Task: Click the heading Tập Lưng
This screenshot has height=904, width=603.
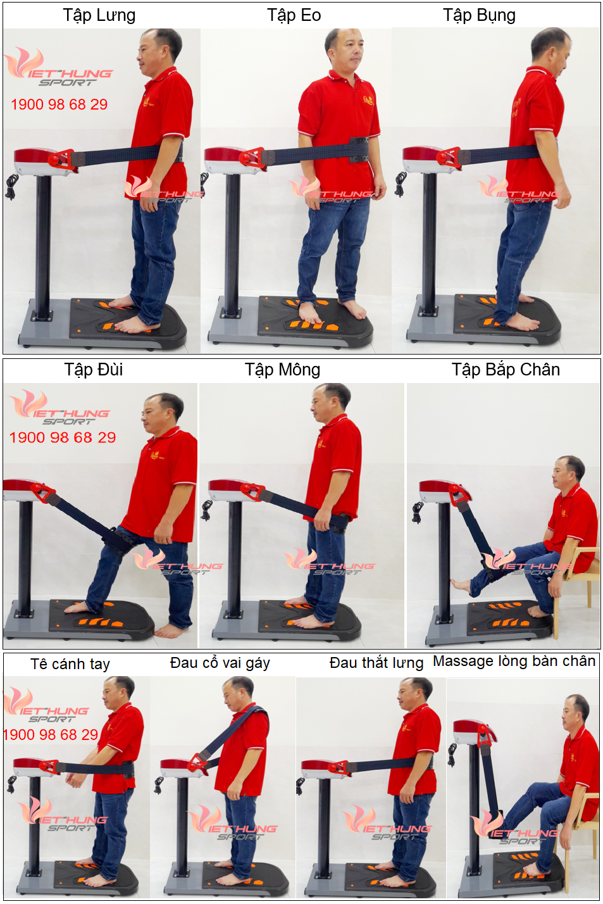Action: point(99,16)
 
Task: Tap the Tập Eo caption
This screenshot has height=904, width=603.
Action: point(294,15)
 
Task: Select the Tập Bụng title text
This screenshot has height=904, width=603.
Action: point(479,16)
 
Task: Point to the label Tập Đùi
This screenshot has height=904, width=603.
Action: point(94,370)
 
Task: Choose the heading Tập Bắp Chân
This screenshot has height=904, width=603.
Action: point(506,370)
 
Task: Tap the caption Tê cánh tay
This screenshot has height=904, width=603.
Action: point(70,664)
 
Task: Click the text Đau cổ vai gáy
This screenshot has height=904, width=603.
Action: point(220,663)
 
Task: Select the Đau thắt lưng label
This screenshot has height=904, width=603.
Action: point(376,663)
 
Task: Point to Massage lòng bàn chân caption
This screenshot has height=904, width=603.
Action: point(514,661)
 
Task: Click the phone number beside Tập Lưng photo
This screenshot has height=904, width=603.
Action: point(59,104)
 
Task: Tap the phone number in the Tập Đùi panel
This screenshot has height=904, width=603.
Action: point(63,437)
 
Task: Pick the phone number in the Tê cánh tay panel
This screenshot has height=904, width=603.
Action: point(51,734)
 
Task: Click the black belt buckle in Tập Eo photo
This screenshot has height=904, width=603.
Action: point(359,149)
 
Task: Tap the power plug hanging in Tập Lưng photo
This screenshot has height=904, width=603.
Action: point(11,187)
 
